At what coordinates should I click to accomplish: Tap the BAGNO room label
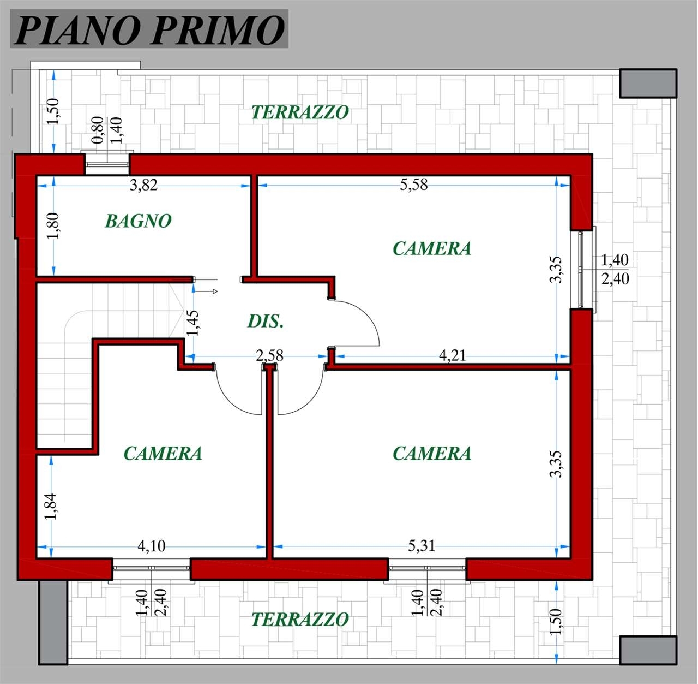138,221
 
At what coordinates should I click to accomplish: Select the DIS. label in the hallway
265,321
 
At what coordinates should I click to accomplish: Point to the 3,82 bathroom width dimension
144,185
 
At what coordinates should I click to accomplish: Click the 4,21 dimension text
452,355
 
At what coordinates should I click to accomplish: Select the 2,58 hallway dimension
269,355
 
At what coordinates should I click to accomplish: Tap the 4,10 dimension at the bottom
152,545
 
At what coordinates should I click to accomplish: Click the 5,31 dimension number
422,545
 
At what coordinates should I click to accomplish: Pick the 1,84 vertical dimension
51,506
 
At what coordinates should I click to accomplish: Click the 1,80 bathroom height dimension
53,226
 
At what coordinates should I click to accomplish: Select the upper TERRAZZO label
300,112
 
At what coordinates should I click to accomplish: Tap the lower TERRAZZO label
300,619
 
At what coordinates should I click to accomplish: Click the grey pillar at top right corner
648,84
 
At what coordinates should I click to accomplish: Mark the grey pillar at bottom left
53,622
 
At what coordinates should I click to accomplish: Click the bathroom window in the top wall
107,164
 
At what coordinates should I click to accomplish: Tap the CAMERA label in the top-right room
432,248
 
